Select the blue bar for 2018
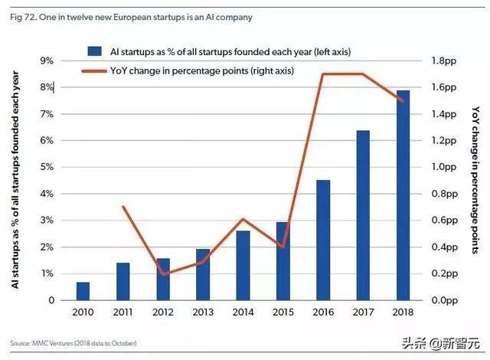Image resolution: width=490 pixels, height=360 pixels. (403, 195)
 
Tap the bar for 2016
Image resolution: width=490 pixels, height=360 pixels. (323, 240)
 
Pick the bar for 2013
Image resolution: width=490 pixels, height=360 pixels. (203, 274)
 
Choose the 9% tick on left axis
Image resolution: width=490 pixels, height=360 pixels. (45, 61)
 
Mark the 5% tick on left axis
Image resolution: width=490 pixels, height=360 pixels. (45, 167)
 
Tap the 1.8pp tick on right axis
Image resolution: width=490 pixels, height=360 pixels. (447, 61)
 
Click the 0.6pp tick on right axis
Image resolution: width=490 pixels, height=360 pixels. (447, 221)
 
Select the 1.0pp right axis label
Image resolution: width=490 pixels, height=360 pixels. (447, 167)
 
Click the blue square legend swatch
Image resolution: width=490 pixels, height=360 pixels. (93, 51)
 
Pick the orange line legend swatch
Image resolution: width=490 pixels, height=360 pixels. (93, 70)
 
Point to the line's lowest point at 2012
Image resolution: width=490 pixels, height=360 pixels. (163, 273)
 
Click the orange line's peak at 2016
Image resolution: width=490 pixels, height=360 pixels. (323, 74)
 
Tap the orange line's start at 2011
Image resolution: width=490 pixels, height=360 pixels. (123, 207)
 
